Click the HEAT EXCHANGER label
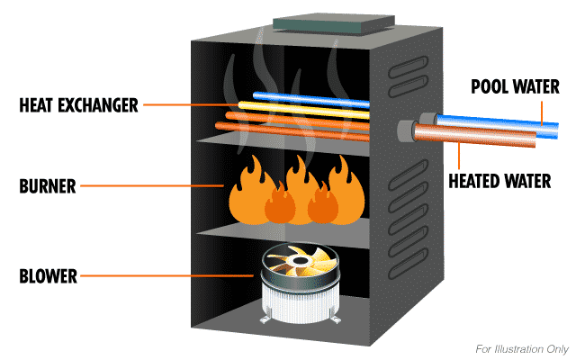[79, 105]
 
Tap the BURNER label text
[47, 188]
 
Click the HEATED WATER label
[499, 181]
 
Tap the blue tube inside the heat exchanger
[310, 95]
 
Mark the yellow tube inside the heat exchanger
[306, 106]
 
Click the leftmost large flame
[244, 193]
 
